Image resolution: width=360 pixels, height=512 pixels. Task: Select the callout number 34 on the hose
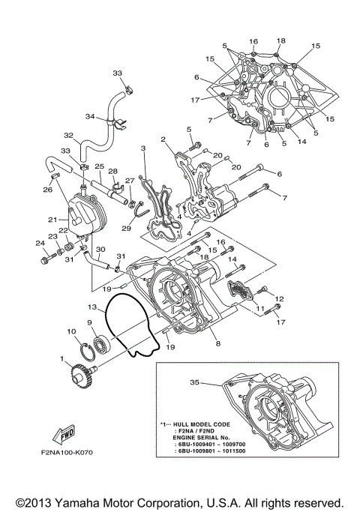[x=89, y=117]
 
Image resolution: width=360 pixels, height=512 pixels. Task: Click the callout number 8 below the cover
[x=217, y=343]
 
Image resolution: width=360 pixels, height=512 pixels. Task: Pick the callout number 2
[x=162, y=139]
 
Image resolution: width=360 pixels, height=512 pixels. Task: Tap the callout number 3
[x=142, y=149]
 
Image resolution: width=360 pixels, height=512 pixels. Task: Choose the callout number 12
[x=280, y=299]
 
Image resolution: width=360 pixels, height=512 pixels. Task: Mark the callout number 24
[x=38, y=242]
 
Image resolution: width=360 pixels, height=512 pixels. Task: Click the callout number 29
[x=127, y=228]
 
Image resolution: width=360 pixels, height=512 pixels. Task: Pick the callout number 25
[x=99, y=166]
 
